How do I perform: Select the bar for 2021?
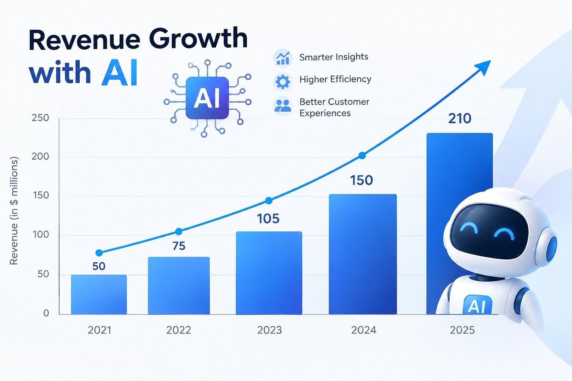(99, 294)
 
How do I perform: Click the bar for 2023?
(269, 273)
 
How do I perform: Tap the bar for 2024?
(363, 254)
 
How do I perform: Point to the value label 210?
(460, 119)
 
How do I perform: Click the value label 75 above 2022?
(179, 246)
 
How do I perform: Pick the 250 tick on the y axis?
(40, 118)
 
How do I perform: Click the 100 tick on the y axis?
(41, 234)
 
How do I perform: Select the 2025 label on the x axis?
(462, 330)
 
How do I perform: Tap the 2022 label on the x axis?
(179, 330)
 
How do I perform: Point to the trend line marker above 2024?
(362, 156)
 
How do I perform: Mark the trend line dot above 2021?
(99, 253)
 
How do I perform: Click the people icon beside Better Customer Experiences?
(283, 106)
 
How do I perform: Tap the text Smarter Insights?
(334, 57)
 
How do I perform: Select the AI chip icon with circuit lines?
(207, 98)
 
